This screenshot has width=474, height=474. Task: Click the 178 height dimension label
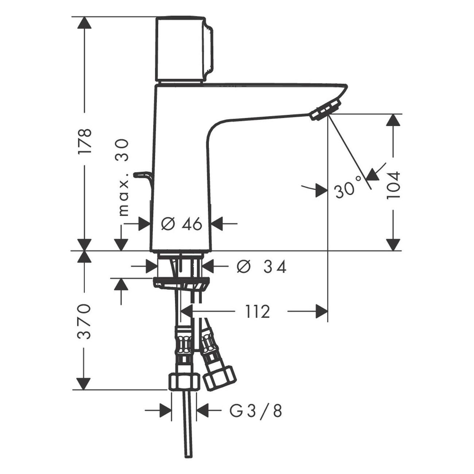tap(85, 141)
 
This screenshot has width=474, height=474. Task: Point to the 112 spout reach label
tap(257, 312)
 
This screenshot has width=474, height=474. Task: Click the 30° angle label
tap(346, 187)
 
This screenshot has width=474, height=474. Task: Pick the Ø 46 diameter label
tap(181, 224)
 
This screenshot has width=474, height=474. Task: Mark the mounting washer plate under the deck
tap(181, 283)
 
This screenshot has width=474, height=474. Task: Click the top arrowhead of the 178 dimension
tap(84, 23)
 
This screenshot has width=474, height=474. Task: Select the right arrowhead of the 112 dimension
tap(322, 311)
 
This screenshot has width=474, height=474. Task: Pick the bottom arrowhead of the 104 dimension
tap(393, 245)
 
